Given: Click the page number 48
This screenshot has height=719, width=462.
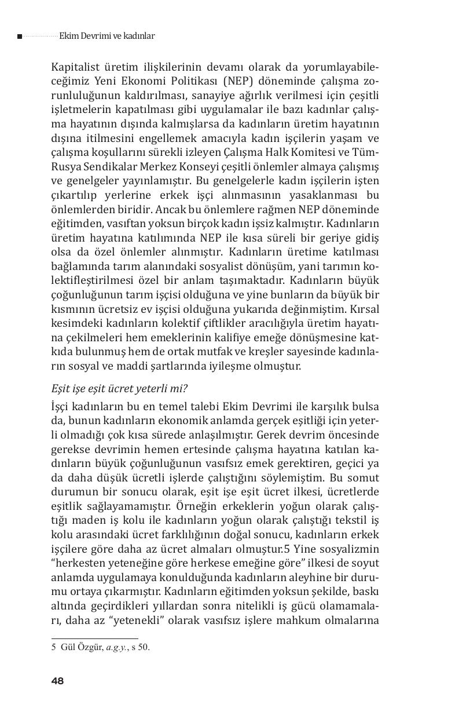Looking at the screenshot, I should coord(57,681).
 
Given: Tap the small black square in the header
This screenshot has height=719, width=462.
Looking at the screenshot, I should coord(20,37).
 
